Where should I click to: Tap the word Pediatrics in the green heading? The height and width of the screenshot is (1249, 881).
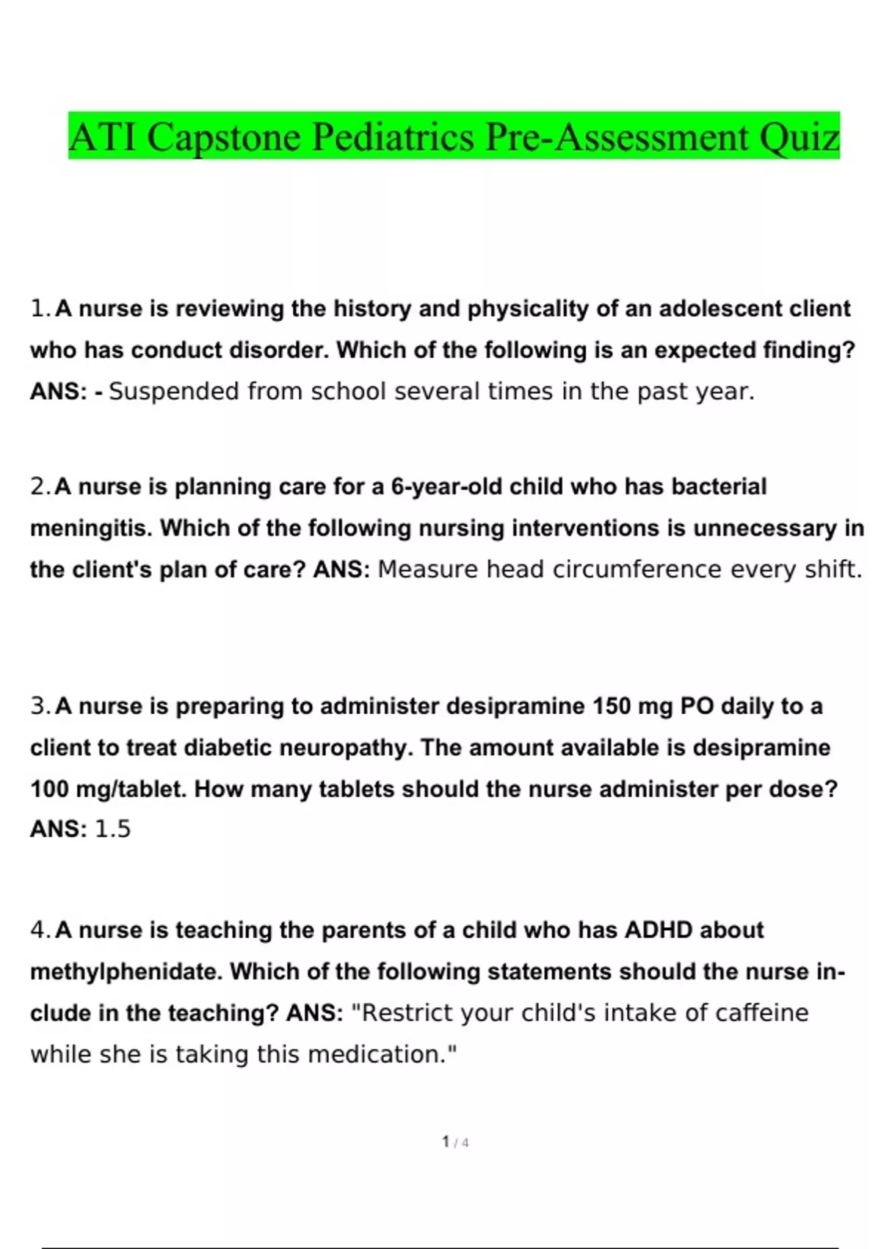[x=393, y=137]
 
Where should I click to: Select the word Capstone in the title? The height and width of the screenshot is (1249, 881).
[x=223, y=137]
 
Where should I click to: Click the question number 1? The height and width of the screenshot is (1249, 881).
[x=40, y=309]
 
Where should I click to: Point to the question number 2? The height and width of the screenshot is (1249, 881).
[x=40, y=486]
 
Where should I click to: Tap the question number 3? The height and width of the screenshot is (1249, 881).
[x=40, y=706]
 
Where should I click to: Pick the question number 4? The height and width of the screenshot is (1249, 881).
[x=40, y=930]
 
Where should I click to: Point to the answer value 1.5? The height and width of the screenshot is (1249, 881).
[x=113, y=829]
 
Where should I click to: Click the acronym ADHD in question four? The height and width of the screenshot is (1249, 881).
[x=658, y=930]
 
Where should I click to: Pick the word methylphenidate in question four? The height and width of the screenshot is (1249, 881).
[x=126, y=972]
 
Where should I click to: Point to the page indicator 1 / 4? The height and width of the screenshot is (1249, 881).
[x=455, y=1142]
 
